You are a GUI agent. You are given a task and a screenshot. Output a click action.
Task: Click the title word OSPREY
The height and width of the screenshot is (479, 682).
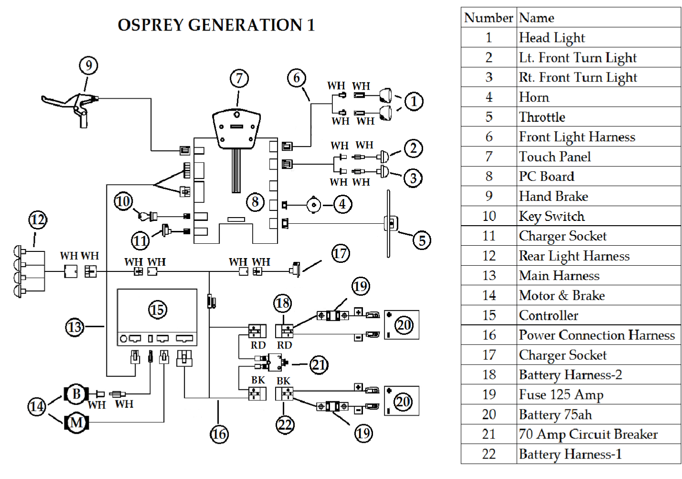152,25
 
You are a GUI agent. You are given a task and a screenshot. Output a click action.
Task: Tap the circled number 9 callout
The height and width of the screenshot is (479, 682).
88,65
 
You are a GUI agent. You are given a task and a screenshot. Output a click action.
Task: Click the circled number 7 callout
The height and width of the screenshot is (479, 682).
239,78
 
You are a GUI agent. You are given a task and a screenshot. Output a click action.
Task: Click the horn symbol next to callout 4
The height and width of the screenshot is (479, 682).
314,205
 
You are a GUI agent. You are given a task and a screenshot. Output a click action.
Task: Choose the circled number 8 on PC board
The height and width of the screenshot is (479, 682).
255,202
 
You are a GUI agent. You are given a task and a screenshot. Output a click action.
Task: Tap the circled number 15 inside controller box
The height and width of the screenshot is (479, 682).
157,310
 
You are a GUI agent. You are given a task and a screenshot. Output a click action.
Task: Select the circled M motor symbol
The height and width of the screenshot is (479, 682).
76,423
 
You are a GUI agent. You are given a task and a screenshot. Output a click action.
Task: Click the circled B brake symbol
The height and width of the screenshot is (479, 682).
76,394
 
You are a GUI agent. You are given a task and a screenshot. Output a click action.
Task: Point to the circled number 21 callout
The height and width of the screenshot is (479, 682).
319,365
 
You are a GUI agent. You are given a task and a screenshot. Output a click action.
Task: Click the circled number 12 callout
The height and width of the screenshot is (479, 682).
38,220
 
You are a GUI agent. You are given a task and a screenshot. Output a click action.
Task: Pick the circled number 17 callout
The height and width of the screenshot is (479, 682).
341,253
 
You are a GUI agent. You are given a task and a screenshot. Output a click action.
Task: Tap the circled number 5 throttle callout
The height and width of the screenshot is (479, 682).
422,240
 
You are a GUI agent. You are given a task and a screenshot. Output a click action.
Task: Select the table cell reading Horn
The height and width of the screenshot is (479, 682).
534,97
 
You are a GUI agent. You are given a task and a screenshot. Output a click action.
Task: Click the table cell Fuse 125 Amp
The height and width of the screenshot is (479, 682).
561,395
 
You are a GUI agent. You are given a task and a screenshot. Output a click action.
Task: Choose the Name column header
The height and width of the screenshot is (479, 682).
537,18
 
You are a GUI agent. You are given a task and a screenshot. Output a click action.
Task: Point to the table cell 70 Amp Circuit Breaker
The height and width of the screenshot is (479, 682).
588,434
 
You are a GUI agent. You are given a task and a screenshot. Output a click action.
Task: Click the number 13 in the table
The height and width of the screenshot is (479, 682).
489,276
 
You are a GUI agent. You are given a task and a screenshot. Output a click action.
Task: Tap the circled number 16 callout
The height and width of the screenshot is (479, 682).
219,434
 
